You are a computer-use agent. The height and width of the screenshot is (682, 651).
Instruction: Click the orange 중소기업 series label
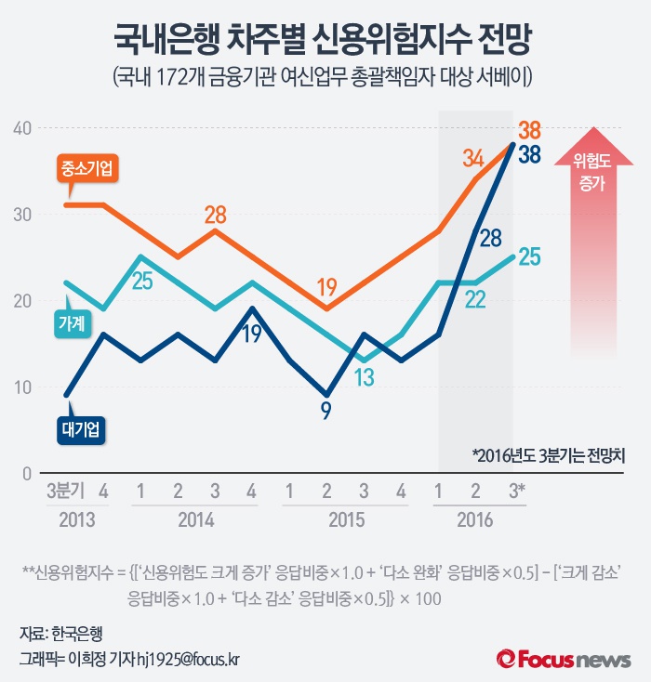coord(89,169)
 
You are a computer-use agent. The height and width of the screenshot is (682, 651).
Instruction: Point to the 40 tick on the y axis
coord(21,128)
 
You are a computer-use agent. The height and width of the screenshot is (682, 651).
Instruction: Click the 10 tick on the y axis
coord(21,387)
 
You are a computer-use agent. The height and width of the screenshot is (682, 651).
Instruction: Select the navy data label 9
coord(325,410)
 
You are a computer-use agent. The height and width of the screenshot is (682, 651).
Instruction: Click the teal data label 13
coord(365,376)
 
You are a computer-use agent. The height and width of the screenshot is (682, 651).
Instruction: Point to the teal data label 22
coord(475,299)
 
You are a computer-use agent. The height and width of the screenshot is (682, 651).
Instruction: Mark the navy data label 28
coord(490,238)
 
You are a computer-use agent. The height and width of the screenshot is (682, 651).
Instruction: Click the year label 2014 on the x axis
coord(196,519)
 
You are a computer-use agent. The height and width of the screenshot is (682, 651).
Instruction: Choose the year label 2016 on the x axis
coord(474,519)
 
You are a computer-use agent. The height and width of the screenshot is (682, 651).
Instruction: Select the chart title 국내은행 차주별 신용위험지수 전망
coord(325,39)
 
